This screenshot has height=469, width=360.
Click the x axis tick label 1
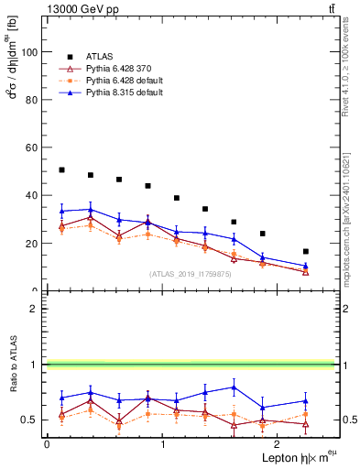tap(162, 443)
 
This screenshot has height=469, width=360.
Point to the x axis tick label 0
tap(47, 443)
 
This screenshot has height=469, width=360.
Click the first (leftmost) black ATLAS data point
tap(61, 170)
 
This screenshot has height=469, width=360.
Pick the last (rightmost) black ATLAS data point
tap(306, 251)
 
